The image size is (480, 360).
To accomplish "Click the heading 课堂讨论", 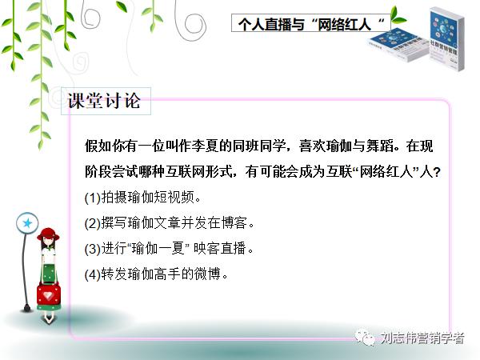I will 104,102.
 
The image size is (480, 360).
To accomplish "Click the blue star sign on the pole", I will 27,222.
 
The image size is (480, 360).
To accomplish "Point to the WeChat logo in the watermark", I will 365,338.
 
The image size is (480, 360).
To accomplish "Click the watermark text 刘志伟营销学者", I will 422,338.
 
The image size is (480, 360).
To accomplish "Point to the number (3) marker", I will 93,248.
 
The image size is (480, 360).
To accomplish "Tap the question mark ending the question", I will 437,171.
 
